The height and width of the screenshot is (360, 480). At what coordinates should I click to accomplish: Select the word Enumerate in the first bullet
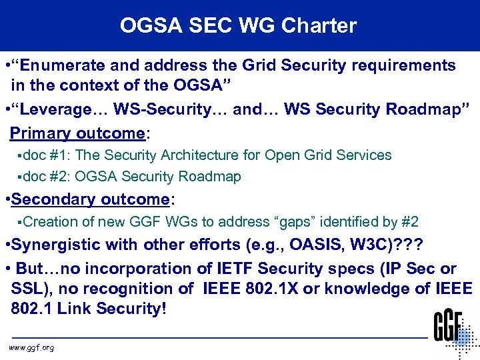coord(60,65)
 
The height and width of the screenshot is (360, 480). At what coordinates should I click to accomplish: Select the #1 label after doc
coord(61,155)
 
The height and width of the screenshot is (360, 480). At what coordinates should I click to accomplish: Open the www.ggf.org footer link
coord(31,348)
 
